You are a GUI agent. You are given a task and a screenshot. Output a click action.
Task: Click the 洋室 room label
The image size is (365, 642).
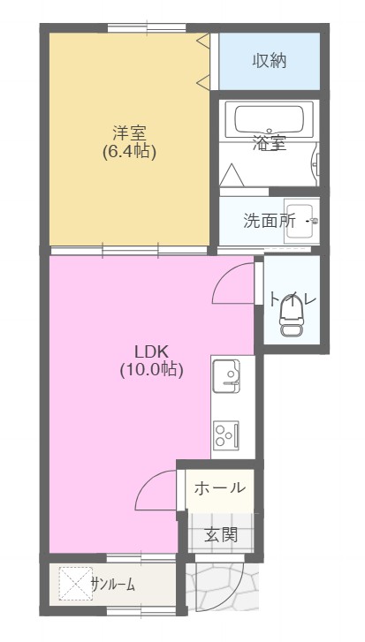click(129, 133)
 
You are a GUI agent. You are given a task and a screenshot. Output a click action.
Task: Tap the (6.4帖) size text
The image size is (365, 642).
click(129, 152)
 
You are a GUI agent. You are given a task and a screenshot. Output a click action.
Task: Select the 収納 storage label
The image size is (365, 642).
click(270, 61)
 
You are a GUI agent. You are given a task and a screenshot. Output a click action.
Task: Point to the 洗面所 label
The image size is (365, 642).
click(269, 221)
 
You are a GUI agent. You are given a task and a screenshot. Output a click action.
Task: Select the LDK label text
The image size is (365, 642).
click(151, 351)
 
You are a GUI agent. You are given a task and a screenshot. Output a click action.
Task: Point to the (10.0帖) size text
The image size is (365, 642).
click(151, 370)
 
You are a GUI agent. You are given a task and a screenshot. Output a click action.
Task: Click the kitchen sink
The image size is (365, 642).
click(226, 377)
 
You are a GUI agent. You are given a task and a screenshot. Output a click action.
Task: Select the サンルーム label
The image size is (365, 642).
click(113, 584)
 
